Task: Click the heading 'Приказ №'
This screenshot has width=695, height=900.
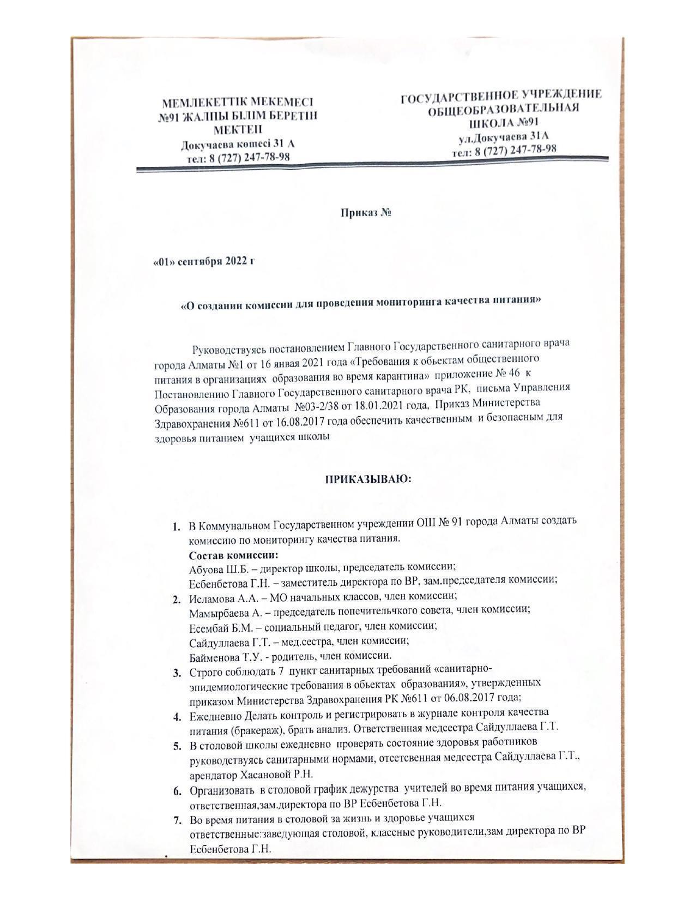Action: [x=366, y=213]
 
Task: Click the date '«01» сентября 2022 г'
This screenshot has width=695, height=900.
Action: [x=204, y=261]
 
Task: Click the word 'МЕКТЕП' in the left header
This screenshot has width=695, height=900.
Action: [x=237, y=130]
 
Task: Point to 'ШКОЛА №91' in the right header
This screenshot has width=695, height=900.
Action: [x=500, y=122]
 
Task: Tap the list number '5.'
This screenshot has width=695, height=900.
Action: [x=177, y=745]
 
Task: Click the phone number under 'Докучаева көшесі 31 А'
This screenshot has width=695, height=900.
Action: [x=238, y=158]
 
